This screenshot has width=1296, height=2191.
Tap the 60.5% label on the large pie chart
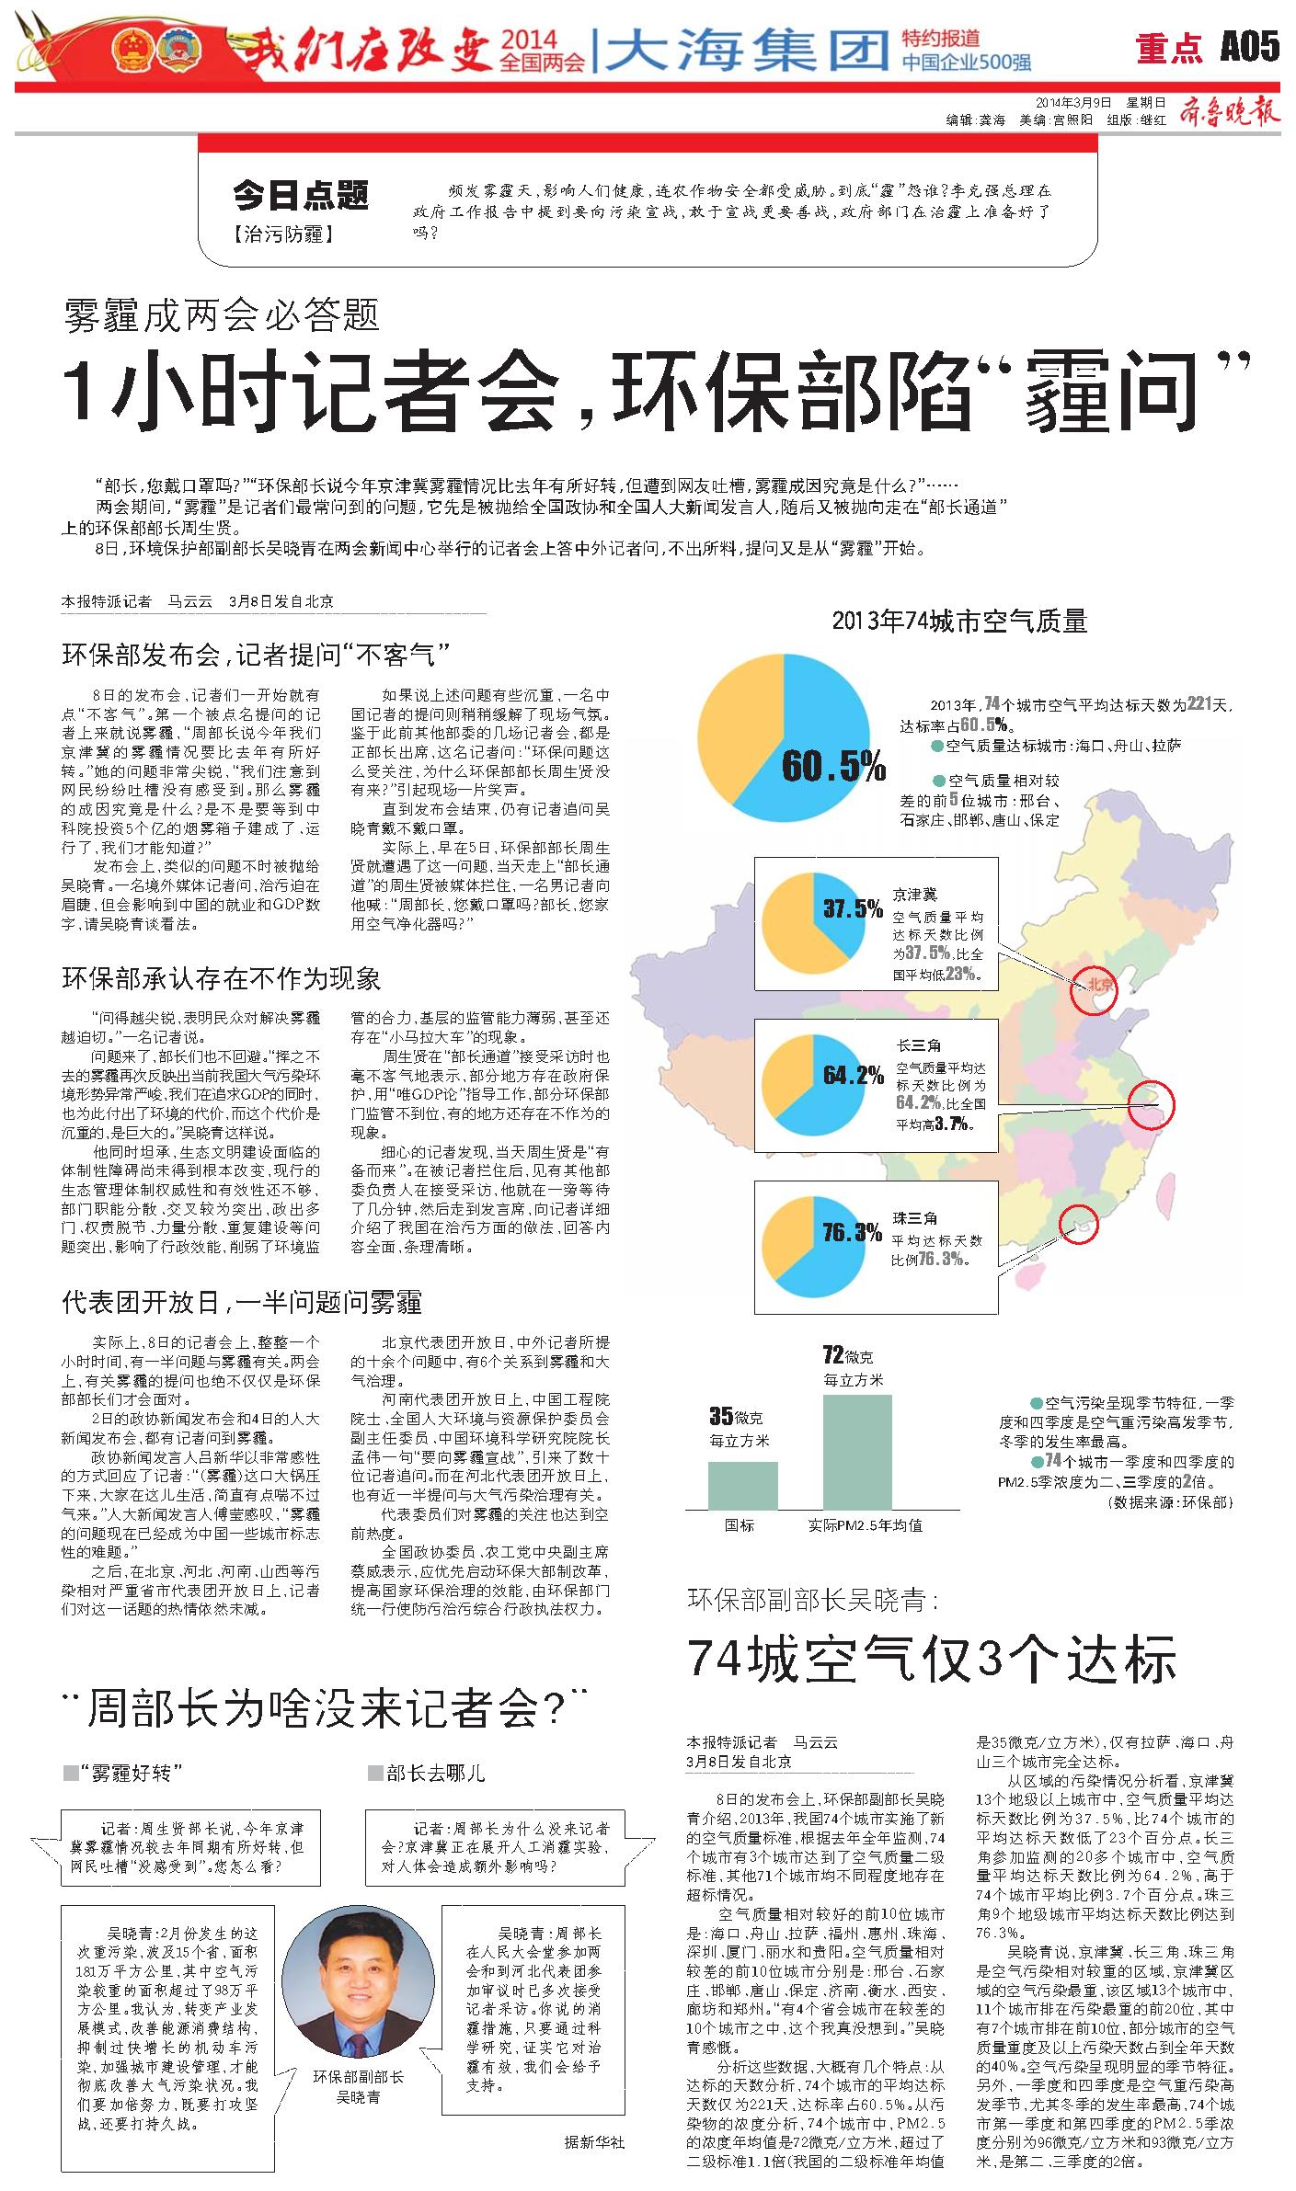[833, 765]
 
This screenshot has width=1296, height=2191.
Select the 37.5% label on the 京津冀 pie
[853, 909]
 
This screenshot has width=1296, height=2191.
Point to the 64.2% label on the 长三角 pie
[853, 1075]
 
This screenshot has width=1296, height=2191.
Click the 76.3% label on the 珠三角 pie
[853, 1232]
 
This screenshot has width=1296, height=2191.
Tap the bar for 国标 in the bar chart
[741, 1485]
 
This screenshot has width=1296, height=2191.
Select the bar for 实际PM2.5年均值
[856, 1452]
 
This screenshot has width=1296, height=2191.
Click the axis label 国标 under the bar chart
[740, 1525]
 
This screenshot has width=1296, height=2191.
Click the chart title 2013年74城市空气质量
[959, 622]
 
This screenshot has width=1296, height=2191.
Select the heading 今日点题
[300, 195]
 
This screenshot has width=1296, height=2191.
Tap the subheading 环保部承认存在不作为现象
[221, 978]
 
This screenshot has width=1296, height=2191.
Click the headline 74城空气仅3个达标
[932, 1659]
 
